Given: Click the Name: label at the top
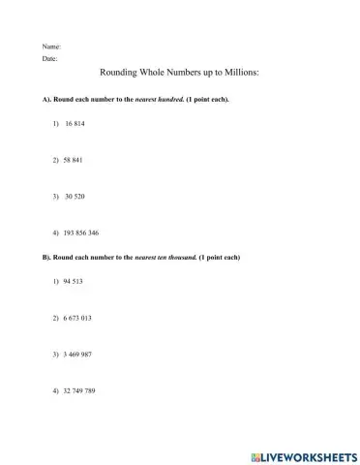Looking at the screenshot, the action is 51,46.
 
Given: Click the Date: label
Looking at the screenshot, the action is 50,59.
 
